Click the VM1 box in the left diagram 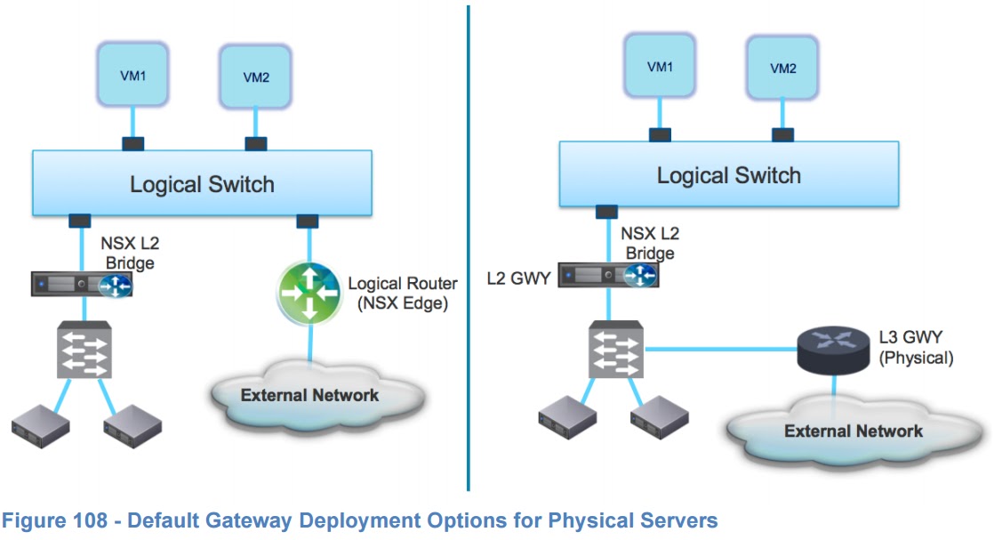pos(132,75)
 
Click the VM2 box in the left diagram pos(256,77)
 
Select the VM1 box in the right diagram pos(659,67)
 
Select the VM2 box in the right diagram pos(782,69)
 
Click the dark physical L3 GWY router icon pos(832,349)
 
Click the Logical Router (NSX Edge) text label pos(402,293)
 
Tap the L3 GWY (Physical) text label pos(916,349)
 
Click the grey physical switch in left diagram pos(83,351)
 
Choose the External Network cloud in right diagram pos(852,431)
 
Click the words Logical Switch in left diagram pos(202,185)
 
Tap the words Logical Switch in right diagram pos(728,175)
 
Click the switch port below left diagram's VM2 pos(255,143)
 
